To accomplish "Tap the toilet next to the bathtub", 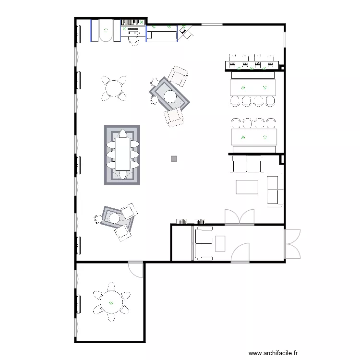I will (x=133, y=40).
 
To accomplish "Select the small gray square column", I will (x=174, y=158).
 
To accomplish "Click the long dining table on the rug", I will (x=122, y=155).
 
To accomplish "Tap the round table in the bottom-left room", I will (x=111, y=303).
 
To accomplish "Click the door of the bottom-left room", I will (x=136, y=269).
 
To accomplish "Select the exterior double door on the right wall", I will (x=292, y=244).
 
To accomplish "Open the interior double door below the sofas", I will (x=240, y=217).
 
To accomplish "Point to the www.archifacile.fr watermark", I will (x=273, y=352).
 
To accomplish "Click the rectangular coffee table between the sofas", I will (x=247, y=186).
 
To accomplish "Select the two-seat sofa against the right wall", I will (x=275, y=190).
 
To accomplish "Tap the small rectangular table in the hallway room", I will (x=220, y=244).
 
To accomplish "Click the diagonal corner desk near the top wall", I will (x=186, y=32).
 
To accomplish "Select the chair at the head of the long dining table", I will (x=122, y=133).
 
